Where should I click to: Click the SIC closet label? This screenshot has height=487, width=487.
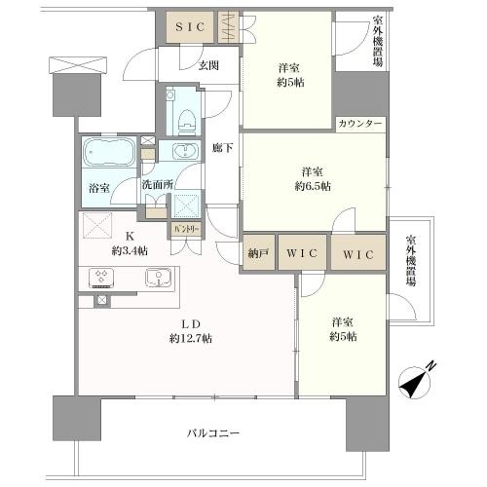pyautogui.click(x=189, y=27)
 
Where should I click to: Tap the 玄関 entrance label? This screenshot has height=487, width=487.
pyautogui.click(x=208, y=66)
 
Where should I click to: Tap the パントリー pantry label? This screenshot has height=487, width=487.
pyautogui.click(x=185, y=230)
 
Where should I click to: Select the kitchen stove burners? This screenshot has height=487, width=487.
pyautogui.click(x=103, y=278)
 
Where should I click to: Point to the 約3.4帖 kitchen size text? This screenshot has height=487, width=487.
pyautogui.click(x=129, y=251)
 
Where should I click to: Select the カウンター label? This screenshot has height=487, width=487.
pyautogui.click(x=360, y=125)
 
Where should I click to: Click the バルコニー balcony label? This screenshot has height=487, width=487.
pyautogui.click(x=213, y=432)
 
